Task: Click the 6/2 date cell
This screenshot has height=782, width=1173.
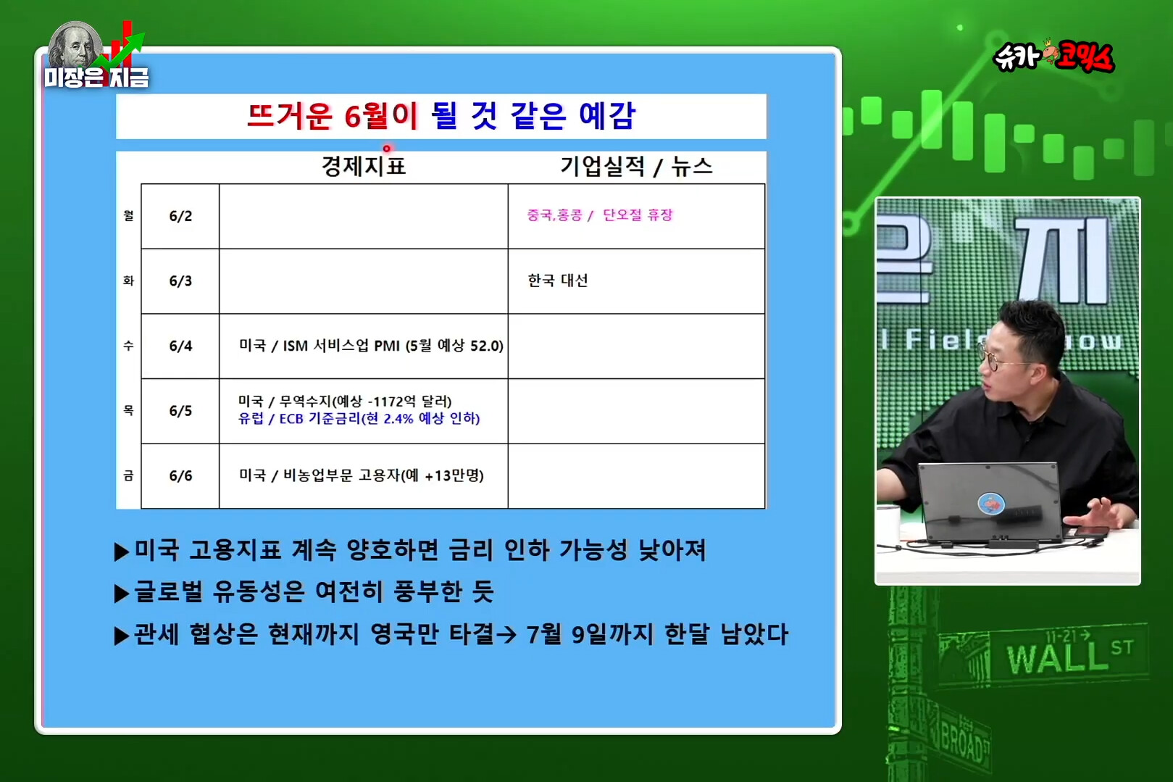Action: pos(180,216)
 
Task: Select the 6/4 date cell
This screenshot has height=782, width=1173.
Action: pos(180,346)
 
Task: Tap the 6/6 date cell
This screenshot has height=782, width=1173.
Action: pos(180,475)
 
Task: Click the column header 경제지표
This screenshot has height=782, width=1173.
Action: pos(364,167)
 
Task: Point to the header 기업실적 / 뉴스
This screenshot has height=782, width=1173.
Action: pos(636,167)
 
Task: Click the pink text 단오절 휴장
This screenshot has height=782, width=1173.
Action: pos(638,215)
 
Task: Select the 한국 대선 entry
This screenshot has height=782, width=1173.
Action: pos(558,280)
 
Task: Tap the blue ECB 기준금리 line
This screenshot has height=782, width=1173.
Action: pos(359,418)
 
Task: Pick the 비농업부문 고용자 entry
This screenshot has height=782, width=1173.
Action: pos(362,475)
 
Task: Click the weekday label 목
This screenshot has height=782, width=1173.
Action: pos(128,410)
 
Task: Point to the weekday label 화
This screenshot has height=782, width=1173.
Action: pos(128,280)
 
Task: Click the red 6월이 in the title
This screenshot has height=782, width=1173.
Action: pos(380,116)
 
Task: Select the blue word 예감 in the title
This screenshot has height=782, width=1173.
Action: pos(607,116)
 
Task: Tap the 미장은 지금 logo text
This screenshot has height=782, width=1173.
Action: pos(97,78)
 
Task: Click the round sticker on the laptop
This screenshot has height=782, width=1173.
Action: pos(990,504)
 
